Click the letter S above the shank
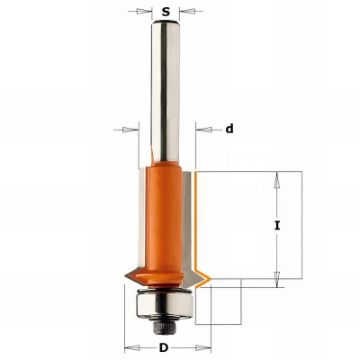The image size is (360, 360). click(x=166, y=13)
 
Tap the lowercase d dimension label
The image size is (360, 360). click(x=229, y=129)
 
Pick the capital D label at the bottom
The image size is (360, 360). click(x=166, y=347)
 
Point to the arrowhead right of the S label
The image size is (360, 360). click(x=184, y=13)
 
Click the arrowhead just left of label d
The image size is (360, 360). click(x=200, y=129)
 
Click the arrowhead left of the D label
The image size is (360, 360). click(x=127, y=347)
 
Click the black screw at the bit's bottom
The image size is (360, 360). click(x=166, y=319)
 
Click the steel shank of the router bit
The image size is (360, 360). click(x=166, y=90)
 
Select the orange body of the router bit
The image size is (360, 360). click(x=166, y=216)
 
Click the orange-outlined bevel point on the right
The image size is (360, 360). click(x=208, y=275)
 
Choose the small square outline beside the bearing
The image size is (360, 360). click(x=220, y=301)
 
